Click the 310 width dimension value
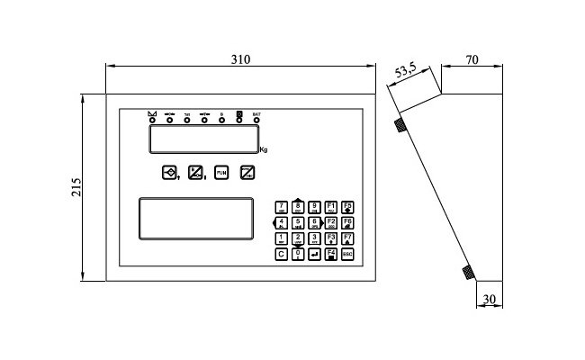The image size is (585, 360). click(239, 58)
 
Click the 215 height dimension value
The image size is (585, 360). click(76, 186)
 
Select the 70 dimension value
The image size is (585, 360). click(472, 60)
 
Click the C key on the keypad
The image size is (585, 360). click(282, 255)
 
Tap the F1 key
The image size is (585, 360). click(331, 206)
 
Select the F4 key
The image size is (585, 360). click(331, 255)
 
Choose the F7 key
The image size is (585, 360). click(347, 238)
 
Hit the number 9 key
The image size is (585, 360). click(315, 206)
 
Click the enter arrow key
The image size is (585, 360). click(314, 255)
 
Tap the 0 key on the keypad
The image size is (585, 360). click(298, 255)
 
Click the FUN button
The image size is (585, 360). click(220, 172)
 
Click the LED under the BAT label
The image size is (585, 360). click(256, 120)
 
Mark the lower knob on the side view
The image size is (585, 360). click(468, 272)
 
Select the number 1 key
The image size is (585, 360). click(282, 238)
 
